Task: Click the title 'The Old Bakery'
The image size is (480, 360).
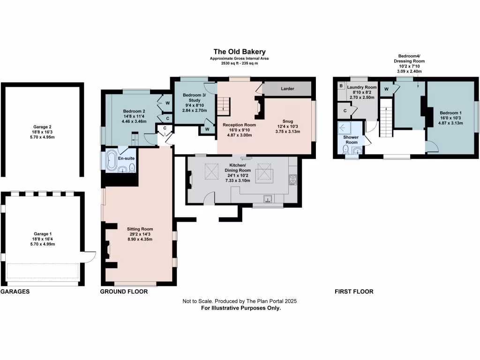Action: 240,52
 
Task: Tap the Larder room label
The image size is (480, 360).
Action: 287,89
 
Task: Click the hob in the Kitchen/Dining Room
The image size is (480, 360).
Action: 292,180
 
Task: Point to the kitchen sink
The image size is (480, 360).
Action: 268,199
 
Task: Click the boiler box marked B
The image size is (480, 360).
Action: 341,86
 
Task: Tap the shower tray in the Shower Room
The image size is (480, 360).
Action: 345,128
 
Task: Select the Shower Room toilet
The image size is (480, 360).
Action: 345,150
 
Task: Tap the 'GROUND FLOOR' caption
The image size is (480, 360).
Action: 124,292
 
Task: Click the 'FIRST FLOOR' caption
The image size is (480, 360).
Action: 354,292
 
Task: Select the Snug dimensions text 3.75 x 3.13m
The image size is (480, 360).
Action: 287,132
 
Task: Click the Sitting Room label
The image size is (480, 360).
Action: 140,229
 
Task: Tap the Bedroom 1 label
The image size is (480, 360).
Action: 450,113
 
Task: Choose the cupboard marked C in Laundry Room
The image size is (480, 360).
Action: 345,111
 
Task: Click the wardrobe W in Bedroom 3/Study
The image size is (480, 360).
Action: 207,129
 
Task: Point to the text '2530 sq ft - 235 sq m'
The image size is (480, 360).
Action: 240,63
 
